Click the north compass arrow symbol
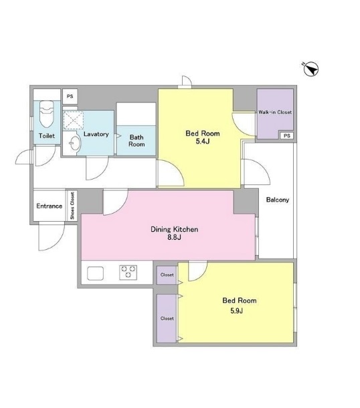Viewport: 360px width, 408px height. pyautogui.click(x=311, y=70)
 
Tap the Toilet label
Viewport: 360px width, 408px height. pyautogui.click(x=47, y=135)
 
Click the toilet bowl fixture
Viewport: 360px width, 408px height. pyautogui.click(x=47, y=115)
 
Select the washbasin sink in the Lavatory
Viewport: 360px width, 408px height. pyautogui.click(x=75, y=143)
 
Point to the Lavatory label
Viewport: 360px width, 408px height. pyautogui.click(x=96, y=134)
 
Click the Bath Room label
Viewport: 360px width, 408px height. pyautogui.click(x=137, y=141)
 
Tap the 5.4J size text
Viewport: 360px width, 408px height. pyautogui.click(x=203, y=142)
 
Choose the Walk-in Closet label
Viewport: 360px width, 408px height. pyautogui.click(x=275, y=112)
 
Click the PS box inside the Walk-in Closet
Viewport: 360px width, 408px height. pyautogui.click(x=286, y=135)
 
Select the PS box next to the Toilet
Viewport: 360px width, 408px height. pyautogui.click(x=70, y=96)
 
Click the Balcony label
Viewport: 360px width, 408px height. pyautogui.click(x=278, y=200)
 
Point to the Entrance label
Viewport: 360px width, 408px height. pyautogui.click(x=49, y=206)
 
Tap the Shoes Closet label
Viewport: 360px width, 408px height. pyautogui.click(x=72, y=206)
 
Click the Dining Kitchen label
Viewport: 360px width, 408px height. pyautogui.click(x=175, y=229)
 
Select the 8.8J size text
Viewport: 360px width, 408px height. pyautogui.click(x=174, y=237)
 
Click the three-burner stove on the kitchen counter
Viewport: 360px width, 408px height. pyautogui.click(x=128, y=272)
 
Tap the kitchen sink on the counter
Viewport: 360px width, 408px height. pyautogui.click(x=95, y=273)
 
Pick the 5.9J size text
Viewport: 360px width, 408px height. pyautogui.click(x=236, y=311)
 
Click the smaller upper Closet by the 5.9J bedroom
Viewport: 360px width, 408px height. pyautogui.click(x=167, y=275)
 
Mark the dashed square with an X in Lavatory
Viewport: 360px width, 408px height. pyautogui.click(x=74, y=120)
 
